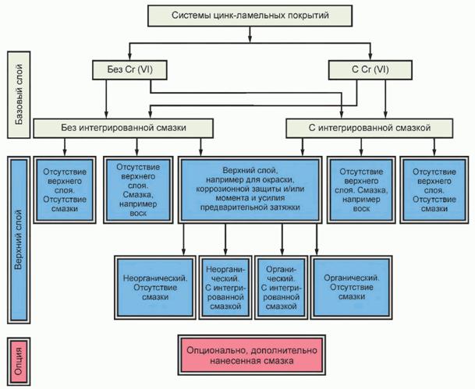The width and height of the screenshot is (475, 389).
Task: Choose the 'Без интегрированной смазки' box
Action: click(124, 125)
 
